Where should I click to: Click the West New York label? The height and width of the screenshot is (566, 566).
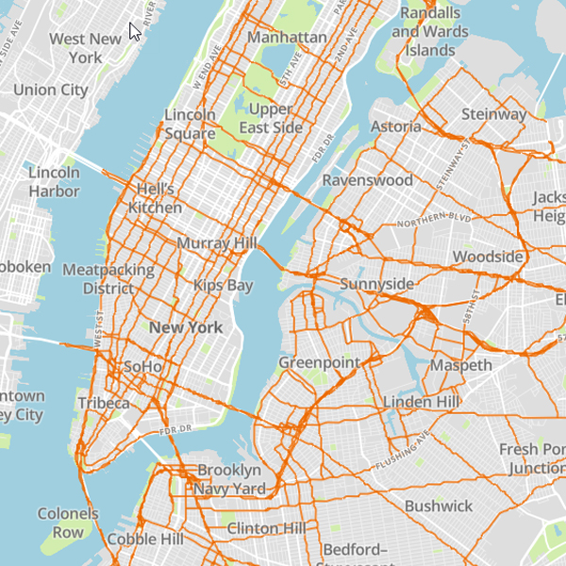click(x=85, y=48)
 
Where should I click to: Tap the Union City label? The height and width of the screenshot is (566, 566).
click(x=51, y=91)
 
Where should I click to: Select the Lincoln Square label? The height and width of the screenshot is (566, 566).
click(x=191, y=125)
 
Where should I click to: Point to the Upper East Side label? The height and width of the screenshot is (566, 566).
click(x=272, y=118)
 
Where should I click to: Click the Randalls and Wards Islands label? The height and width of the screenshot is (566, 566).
click(x=430, y=31)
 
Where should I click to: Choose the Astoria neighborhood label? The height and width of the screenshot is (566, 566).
click(x=396, y=126)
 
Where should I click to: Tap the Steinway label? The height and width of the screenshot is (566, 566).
click(x=493, y=114)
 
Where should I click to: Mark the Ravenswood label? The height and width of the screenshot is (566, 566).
click(x=368, y=179)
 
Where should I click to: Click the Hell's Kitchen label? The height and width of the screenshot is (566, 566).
click(x=155, y=198)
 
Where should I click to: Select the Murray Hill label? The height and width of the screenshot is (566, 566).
click(x=217, y=243)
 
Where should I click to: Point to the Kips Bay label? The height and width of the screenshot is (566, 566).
click(x=224, y=285)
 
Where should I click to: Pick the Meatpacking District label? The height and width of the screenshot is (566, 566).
click(x=108, y=279)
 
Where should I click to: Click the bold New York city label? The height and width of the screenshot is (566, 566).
click(x=185, y=327)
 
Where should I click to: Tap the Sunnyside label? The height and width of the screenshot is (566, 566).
click(x=376, y=284)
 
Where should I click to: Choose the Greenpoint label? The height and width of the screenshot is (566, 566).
click(x=315, y=362)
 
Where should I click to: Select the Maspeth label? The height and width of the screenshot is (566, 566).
click(x=460, y=365)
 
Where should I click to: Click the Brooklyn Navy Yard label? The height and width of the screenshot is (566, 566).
click(x=229, y=479)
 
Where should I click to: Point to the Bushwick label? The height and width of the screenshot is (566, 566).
click(x=439, y=507)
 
